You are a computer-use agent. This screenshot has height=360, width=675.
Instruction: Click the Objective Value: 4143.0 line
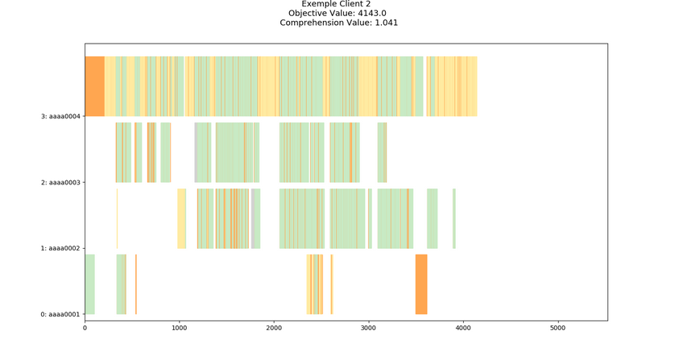(x=338, y=13)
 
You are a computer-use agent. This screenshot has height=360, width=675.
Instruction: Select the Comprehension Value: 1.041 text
(x=338, y=23)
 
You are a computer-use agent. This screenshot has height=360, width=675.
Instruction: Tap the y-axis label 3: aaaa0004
(x=61, y=116)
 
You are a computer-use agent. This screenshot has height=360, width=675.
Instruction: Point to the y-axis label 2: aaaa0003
(x=61, y=182)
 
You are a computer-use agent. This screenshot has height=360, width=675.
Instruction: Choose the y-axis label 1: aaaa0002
(x=61, y=248)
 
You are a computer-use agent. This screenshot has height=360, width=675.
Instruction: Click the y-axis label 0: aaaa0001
(x=61, y=314)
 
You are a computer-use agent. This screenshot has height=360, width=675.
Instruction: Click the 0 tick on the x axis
(x=85, y=328)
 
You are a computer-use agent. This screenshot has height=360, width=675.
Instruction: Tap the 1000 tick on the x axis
(x=179, y=328)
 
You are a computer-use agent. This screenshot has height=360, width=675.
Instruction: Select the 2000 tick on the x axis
(x=274, y=328)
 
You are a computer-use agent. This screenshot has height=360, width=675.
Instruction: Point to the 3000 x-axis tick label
(x=368, y=328)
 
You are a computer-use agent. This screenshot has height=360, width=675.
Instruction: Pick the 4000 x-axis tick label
(x=463, y=328)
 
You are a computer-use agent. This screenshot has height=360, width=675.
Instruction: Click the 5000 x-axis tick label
(x=557, y=328)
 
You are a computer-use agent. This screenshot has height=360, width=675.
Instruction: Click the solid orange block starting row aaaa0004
(x=94, y=86)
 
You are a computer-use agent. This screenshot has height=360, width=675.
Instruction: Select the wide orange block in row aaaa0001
(x=420, y=284)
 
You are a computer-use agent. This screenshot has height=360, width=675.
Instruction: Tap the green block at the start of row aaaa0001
(x=89, y=284)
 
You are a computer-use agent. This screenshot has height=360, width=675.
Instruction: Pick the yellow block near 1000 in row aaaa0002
(x=181, y=218)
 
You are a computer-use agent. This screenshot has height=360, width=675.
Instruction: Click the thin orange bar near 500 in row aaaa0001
(x=136, y=284)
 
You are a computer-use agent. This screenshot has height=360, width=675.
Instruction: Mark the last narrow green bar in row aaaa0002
(x=454, y=218)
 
